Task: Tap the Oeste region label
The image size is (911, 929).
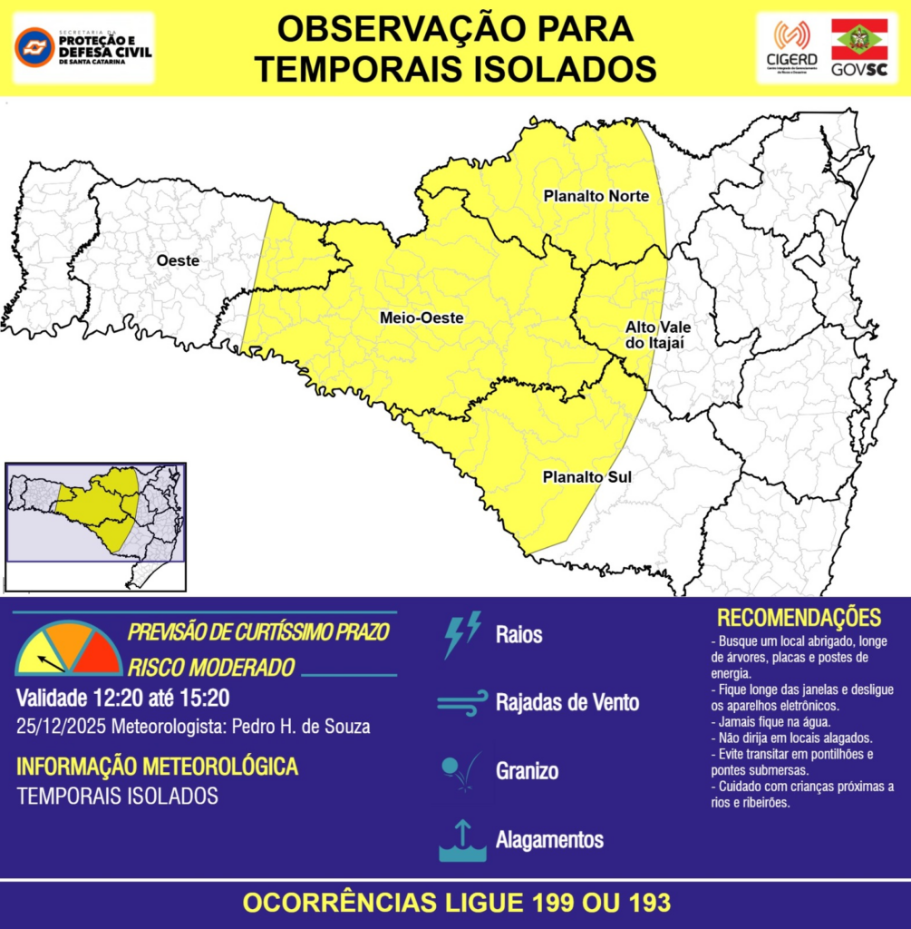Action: [178, 261]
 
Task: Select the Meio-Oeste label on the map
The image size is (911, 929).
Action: [422, 318]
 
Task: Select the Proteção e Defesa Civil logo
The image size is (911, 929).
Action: [83, 47]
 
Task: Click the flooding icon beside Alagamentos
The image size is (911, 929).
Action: [461, 840]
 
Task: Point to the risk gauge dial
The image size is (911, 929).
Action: [68, 650]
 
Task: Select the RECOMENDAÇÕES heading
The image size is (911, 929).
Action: [799, 618]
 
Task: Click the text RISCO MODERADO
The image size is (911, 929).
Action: [211, 668]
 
